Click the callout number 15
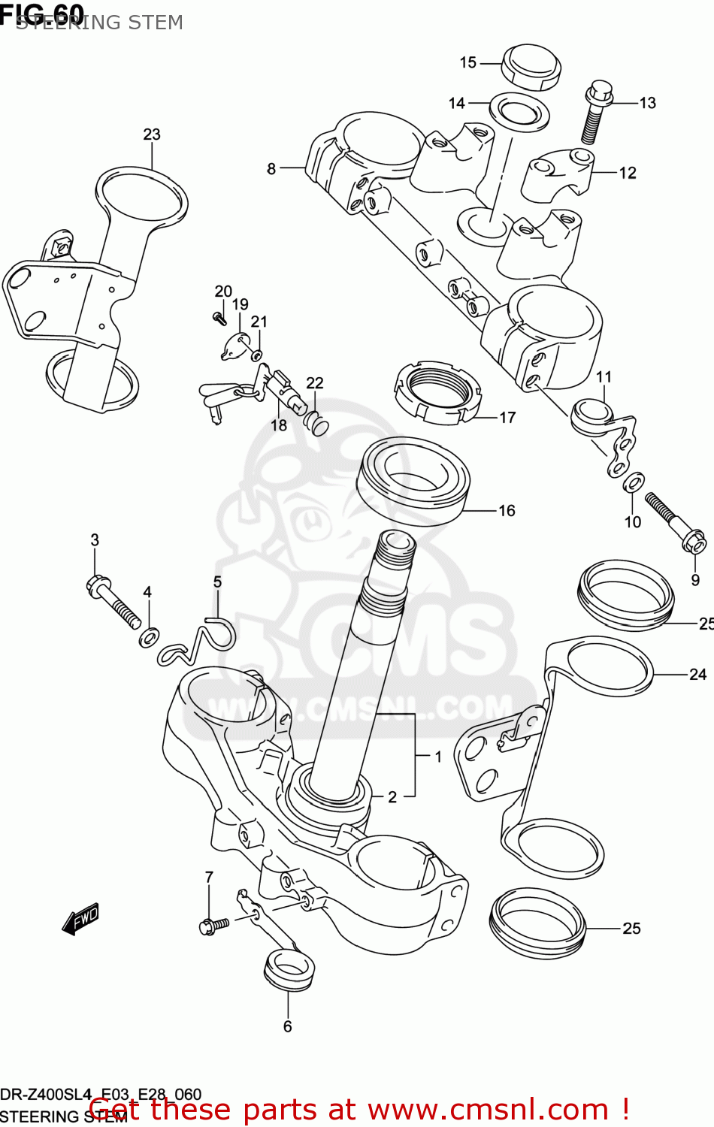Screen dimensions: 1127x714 click(x=467, y=62)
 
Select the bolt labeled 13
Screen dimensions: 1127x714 click(x=595, y=112)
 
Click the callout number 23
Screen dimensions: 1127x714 click(x=152, y=134)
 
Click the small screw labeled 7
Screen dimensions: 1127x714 click(x=213, y=925)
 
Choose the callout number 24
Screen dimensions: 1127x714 click(x=697, y=674)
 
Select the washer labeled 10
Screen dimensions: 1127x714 click(x=634, y=481)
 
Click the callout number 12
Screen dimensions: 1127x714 click(x=628, y=173)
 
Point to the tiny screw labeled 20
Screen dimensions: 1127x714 click(x=219, y=319)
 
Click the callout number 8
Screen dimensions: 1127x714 click(x=271, y=169)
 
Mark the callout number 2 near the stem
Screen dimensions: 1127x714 click(x=392, y=797)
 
